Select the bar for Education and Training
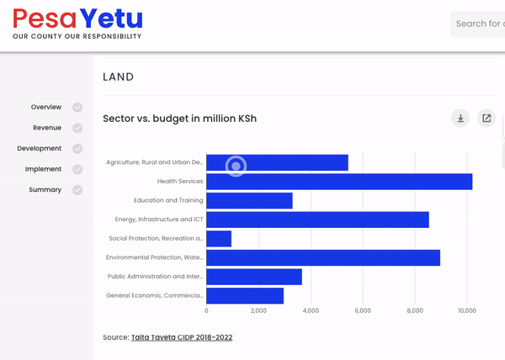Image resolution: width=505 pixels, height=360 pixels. pyautogui.click(x=249, y=200)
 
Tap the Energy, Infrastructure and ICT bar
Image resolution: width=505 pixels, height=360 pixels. pyautogui.click(x=317, y=220)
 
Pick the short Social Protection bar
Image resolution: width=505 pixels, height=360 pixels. pyautogui.click(x=219, y=239)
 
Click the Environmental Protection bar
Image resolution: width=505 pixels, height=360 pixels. pyautogui.click(x=323, y=257)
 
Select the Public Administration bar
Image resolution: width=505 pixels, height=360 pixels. pyautogui.click(x=254, y=277)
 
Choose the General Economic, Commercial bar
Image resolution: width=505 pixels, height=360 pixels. pyautogui.click(x=245, y=296)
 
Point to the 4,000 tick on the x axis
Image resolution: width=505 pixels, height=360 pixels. pyautogui.click(x=311, y=311)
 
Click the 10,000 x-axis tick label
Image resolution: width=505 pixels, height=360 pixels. pyautogui.click(x=467, y=311)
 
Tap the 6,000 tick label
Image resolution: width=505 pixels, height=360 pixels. pyautogui.click(x=363, y=311)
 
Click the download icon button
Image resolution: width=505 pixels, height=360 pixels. pyautogui.click(x=460, y=119)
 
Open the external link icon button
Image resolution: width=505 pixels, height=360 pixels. pyautogui.click(x=486, y=119)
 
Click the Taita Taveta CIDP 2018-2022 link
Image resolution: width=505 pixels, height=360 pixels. pyautogui.click(x=182, y=337)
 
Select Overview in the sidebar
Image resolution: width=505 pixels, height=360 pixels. pyautogui.click(x=46, y=108)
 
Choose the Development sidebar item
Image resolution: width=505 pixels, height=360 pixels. pyautogui.click(x=39, y=149)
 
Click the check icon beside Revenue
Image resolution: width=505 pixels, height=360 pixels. pyautogui.click(x=77, y=128)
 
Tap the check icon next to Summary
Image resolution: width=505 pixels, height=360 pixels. pyautogui.click(x=77, y=190)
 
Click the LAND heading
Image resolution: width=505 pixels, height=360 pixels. pyautogui.click(x=119, y=77)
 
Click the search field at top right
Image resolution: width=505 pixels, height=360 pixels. pyautogui.click(x=478, y=24)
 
